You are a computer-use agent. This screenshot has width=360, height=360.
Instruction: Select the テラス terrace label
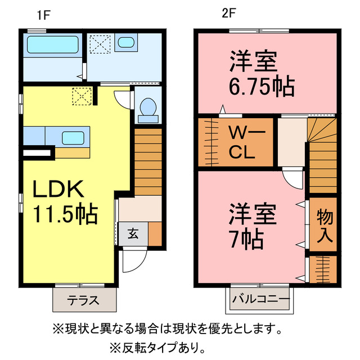click(84, 300)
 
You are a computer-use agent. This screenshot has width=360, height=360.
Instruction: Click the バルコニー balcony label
click(260, 300)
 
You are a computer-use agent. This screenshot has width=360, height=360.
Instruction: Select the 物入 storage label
click(325, 224)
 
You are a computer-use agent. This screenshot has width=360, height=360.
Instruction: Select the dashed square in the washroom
click(101, 43)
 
